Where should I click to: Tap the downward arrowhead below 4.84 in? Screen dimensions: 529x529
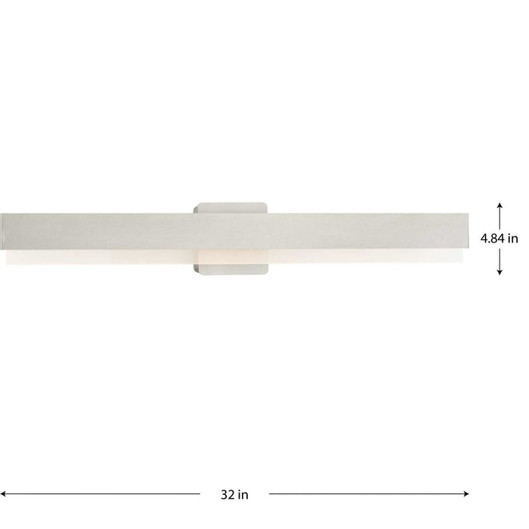(x=500, y=272)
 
